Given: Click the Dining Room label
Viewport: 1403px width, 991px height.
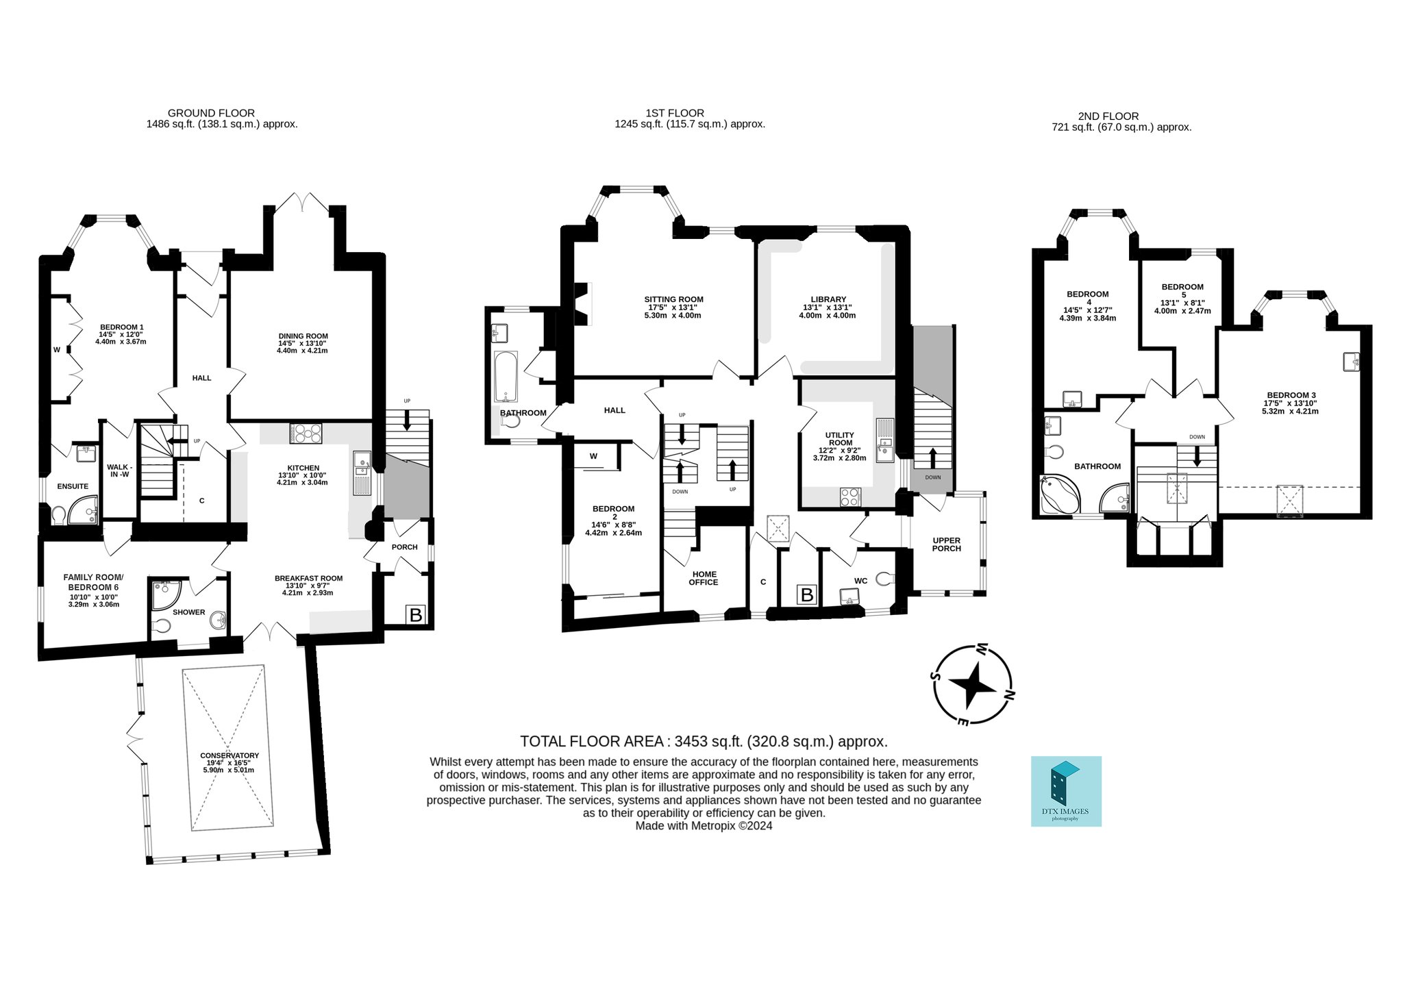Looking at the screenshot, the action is coord(303,336).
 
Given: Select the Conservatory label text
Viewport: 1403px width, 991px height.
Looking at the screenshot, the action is coord(229,755).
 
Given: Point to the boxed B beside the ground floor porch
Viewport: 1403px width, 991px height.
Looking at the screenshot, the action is coord(416,614).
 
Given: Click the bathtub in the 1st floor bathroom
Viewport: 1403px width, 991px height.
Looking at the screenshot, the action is coord(506,377).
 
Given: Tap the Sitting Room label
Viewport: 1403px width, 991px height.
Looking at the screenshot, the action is coord(673,299).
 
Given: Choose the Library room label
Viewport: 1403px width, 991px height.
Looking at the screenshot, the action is coord(828,299).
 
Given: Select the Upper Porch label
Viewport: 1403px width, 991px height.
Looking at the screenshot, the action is coord(947,544).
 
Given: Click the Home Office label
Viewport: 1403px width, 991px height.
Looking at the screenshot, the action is coord(704,579).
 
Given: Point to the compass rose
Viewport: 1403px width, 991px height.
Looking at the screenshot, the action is coord(972,685).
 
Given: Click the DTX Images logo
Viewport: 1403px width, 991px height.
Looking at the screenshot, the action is coord(1066,791).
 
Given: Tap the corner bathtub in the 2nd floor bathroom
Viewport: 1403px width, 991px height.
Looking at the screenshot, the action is coord(1058,494).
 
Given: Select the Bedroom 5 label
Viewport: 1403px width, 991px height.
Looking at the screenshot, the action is coord(1182,291).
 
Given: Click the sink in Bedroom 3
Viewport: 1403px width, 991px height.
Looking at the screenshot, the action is coord(1351,362).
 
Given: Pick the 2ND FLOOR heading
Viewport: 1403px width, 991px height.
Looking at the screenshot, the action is coord(1108,116).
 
